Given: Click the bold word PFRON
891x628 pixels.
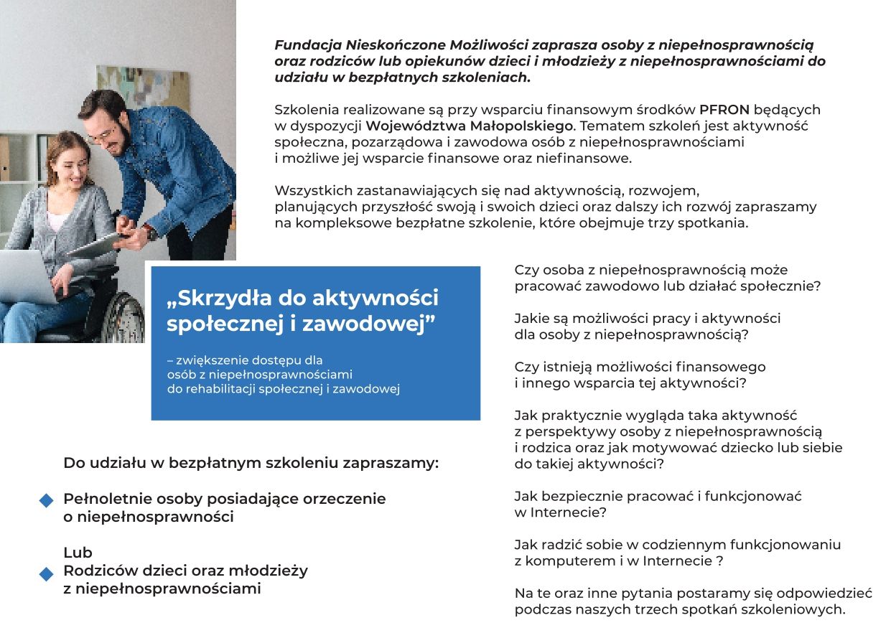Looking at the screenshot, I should click(724, 110).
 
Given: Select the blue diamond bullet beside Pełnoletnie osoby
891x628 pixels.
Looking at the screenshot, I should click(47, 500).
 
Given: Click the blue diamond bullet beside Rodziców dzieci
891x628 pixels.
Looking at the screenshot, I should click(47, 573).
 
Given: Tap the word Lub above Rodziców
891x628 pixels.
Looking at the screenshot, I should click(78, 553).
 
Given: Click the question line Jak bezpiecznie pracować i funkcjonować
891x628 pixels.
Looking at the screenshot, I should click(658, 496).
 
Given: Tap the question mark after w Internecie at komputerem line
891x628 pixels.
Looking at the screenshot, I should click(719, 561).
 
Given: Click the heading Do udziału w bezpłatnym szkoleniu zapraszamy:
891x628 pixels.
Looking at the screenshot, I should click(251, 463).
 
